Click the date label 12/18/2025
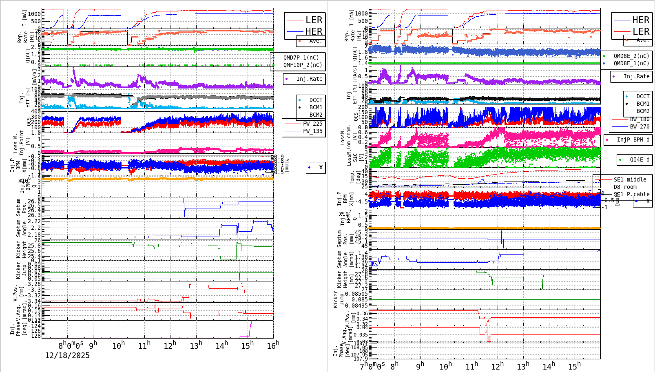67,356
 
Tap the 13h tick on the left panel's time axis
196,346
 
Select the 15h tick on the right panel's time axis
574,366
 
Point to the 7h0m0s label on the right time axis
372,366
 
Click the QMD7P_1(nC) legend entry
301,58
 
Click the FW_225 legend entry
312,124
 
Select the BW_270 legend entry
640,126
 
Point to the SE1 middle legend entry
630,179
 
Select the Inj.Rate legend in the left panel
309,79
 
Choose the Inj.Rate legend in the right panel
636,76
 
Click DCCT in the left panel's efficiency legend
316,100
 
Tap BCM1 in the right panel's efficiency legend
643,104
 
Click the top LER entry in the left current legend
314,20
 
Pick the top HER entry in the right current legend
641,20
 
